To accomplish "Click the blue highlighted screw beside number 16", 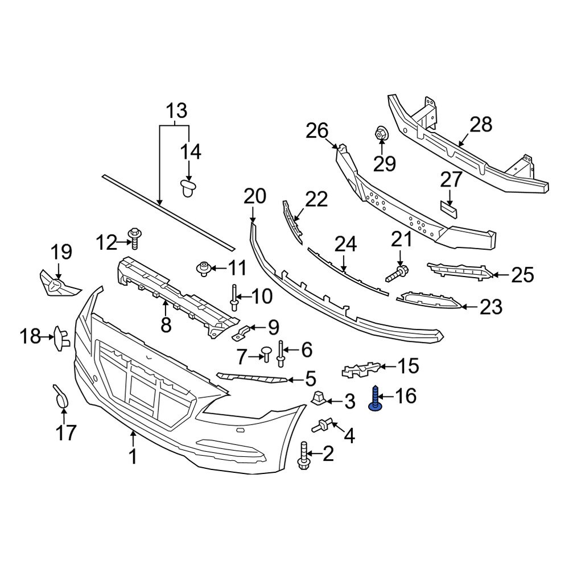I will [375, 398].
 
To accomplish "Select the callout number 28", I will [481, 125].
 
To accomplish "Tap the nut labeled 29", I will [381, 135].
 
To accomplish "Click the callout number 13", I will [176, 109].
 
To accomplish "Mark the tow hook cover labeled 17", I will [61, 396].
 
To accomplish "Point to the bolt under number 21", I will [397, 273].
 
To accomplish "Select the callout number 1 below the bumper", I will [133, 456].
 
